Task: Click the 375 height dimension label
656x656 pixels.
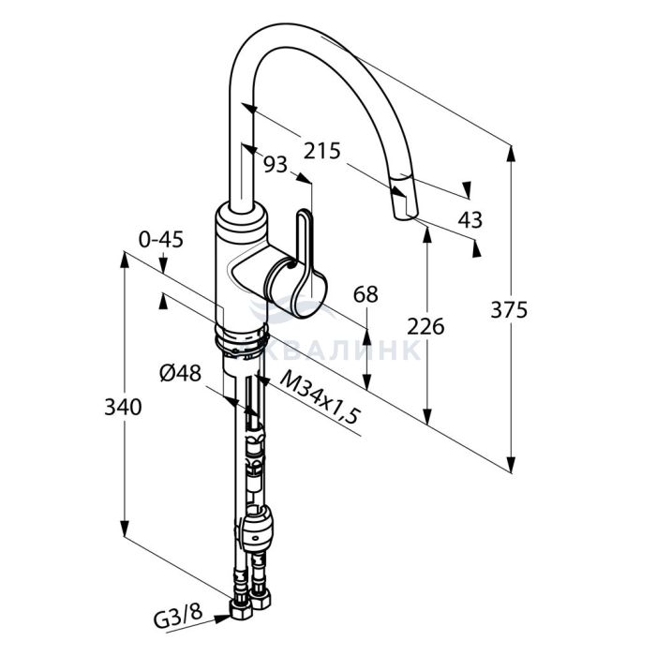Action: click(509, 310)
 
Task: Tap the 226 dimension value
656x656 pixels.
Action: click(425, 326)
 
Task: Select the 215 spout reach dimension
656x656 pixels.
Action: click(321, 151)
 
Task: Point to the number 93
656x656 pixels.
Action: click(276, 164)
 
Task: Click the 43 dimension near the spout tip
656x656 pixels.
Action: click(470, 219)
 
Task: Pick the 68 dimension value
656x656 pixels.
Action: click(365, 294)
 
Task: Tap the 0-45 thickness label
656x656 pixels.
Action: click(161, 240)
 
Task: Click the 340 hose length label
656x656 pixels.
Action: click(123, 407)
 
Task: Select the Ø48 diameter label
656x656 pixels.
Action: click(180, 373)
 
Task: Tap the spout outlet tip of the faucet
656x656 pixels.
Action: click(405, 216)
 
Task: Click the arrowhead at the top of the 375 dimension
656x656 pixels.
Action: click(511, 154)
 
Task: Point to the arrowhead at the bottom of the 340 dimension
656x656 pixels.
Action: click(125, 528)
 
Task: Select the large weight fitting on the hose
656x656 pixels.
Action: click(258, 527)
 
